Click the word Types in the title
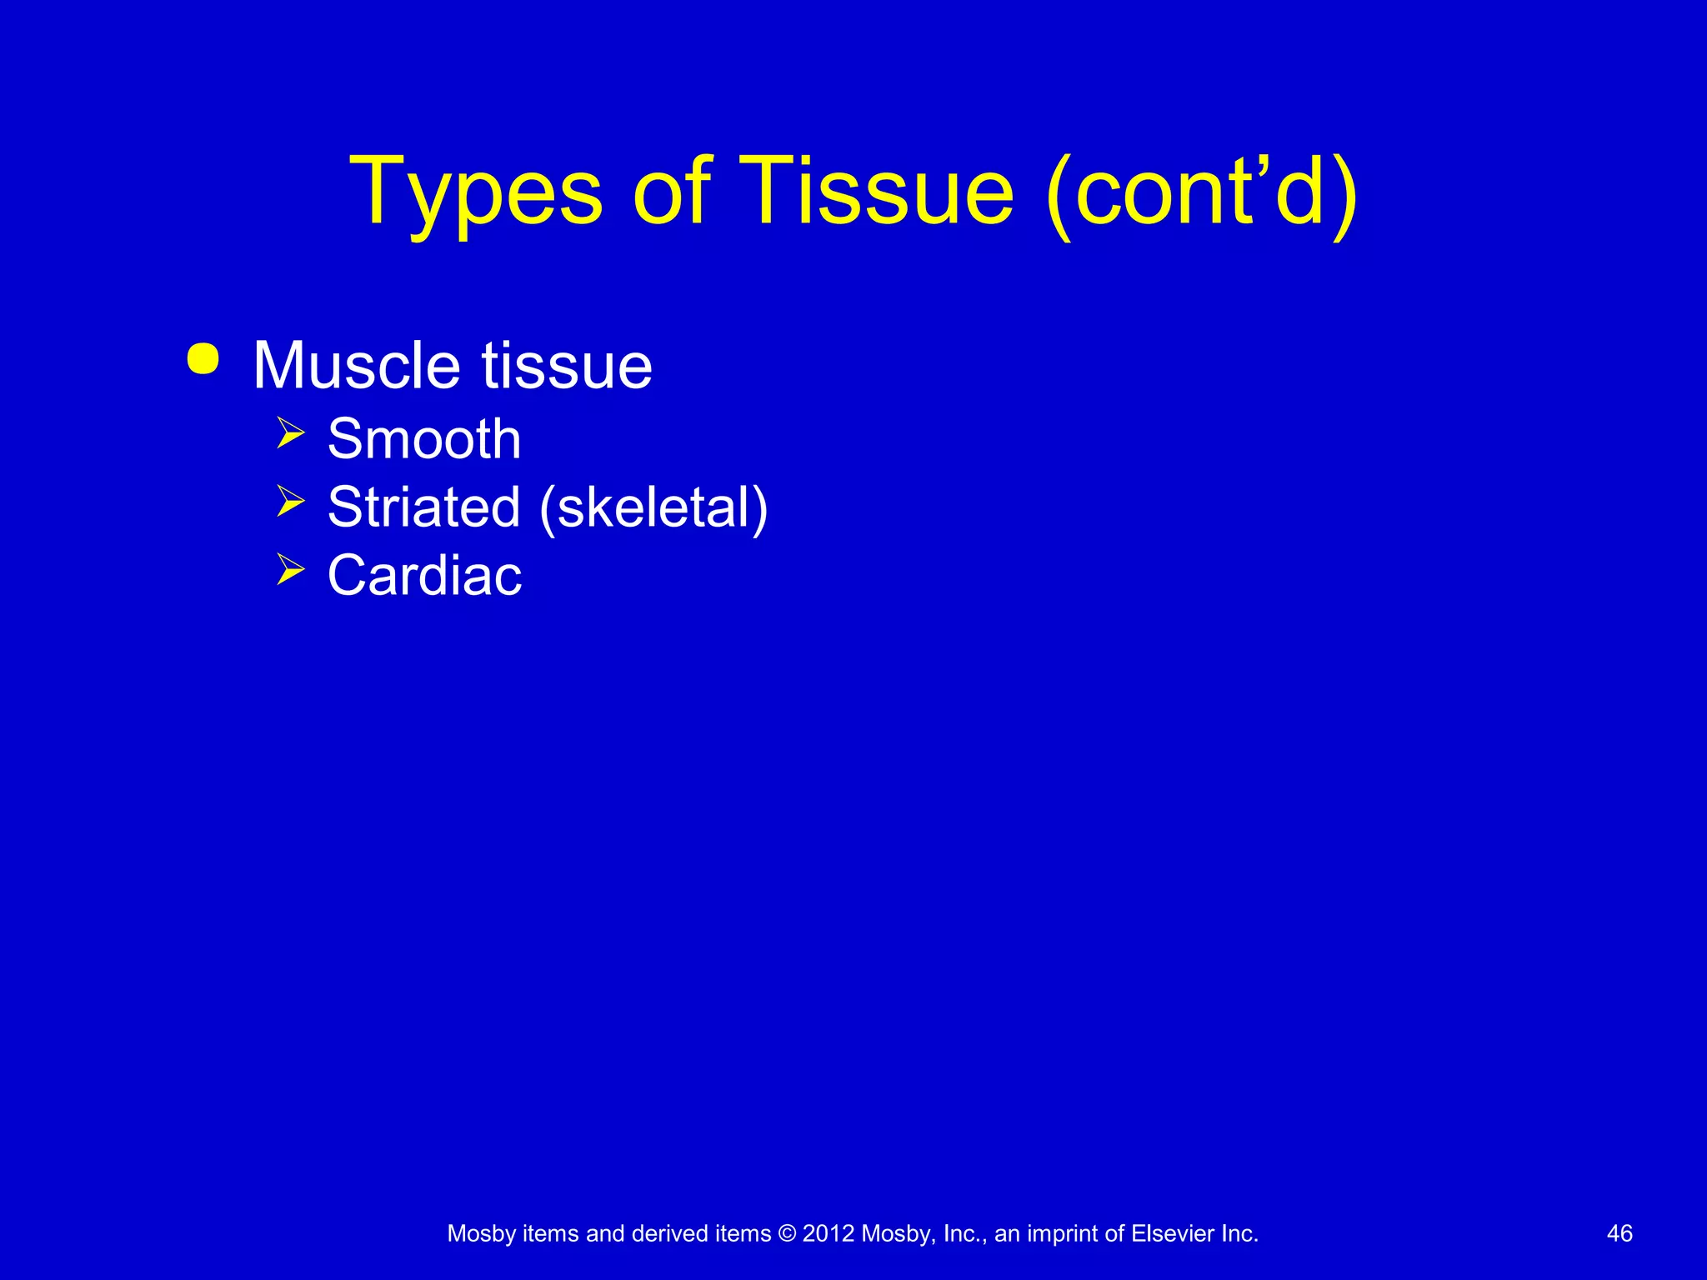tap(475, 193)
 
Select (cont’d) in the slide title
tap(1201, 193)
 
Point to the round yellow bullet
tap(203, 359)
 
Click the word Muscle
tap(357, 366)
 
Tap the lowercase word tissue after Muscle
tap(567, 366)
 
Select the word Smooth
tap(424, 439)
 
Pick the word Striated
tap(424, 507)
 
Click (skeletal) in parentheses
tap(653, 507)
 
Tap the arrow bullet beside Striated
tap(290, 502)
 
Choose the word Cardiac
tap(424, 576)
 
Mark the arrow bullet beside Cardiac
tap(290, 570)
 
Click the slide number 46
tap(1619, 1234)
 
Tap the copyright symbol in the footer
tap(787, 1234)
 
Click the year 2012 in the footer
tap(828, 1234)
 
